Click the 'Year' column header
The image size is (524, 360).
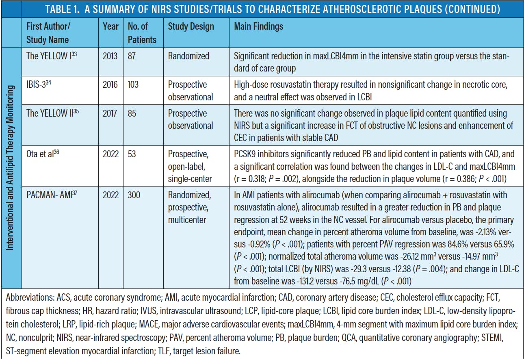(x=111, y=27)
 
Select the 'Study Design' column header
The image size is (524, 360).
(x=191, y=27)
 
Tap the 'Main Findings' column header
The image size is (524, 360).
(x=259, y=27)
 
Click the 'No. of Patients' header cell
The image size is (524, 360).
(x=142, y=33)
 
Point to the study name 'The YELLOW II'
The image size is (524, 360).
(x=50, y=114)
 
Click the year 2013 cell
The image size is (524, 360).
(x=110, y=56)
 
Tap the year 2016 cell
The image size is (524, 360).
(x=110, y=85)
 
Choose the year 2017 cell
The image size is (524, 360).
(x=110, y=114)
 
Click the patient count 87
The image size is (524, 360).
(x=132, y=56)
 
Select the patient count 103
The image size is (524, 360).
(x=133, y=85)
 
